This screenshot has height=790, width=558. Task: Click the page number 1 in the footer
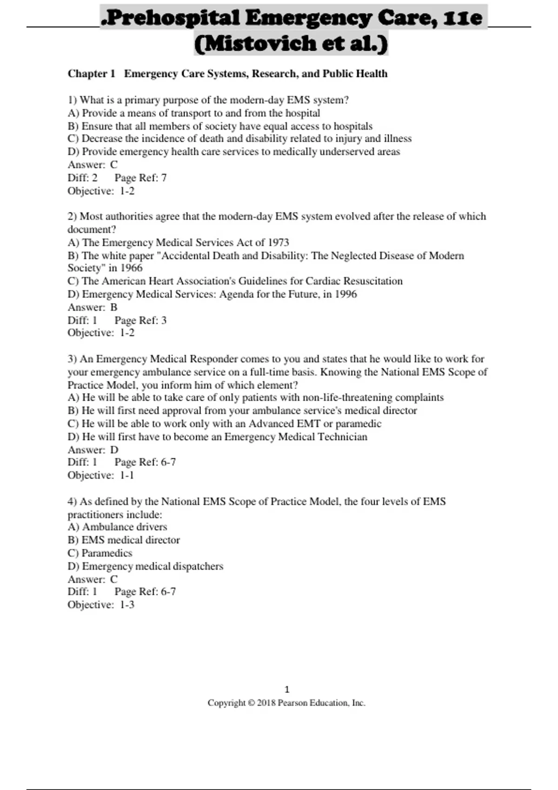pyautogui.click(x=286, y=689)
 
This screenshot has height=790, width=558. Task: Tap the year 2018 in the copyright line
pyautogui.click(x=266, y=703)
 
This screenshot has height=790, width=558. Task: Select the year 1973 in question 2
pyautogui.click(x=278, y=242)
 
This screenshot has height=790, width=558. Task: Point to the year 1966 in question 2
pyautogui.click(x=131, y=268)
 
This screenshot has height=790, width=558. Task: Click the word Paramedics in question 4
pyautogui.click(x=107, y=553)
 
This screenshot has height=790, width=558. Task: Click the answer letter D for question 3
pyautogui.click(x=114, y=449)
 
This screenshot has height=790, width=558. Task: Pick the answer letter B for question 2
pyautogui.click(x=113, y=307)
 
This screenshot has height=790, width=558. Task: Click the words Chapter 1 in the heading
pyautogui.click(x=91, y=73)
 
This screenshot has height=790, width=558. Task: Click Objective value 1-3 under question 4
pyautogui.click(x=127, y=605)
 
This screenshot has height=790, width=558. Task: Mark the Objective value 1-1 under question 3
pyautogui.click(x=127, y=475)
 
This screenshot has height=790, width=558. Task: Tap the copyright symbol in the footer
pyautogui.click(x=251, y=703)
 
